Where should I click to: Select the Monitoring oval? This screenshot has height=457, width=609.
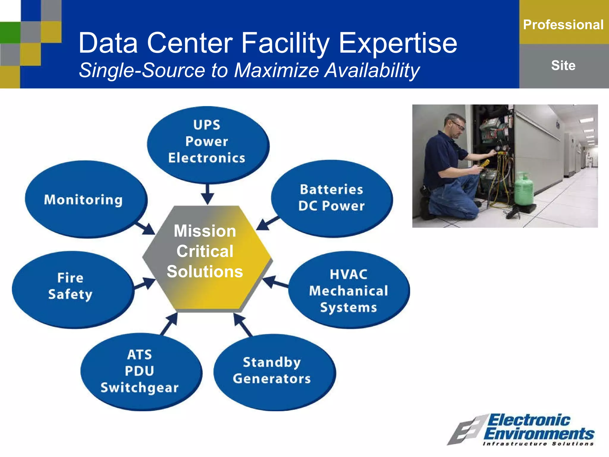click(85, 199)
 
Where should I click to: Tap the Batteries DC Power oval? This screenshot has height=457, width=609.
click(332, 198)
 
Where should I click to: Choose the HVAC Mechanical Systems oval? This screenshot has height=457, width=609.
click(349, 290)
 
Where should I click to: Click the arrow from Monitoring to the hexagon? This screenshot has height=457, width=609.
click(146, 228)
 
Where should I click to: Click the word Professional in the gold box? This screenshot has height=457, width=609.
click(563, 25)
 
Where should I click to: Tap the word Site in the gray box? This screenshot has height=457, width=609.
click(563, 65)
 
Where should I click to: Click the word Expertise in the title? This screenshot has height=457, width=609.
click(398, 43)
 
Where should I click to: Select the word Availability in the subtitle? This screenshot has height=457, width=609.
click(372, 71)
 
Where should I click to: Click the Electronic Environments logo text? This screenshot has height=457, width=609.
click(538, 427)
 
